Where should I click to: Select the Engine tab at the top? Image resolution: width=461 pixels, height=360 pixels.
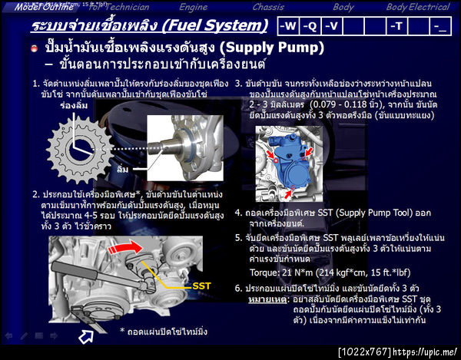coord(193,7)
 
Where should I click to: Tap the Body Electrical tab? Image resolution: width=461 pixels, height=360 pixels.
coord(419,7)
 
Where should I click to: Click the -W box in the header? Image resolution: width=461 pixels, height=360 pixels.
coord(288,27)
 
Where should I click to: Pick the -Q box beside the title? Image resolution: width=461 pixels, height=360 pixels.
coord(310,27)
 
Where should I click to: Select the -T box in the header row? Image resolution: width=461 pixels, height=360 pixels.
coord(396,27)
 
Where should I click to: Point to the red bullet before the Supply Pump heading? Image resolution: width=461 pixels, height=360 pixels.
coord(35,48)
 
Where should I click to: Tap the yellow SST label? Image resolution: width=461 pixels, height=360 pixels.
coord(202,286)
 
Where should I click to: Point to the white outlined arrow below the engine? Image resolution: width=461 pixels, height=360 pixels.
coord(86,335)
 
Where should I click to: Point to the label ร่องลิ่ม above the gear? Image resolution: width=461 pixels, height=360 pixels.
coord(71,107)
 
